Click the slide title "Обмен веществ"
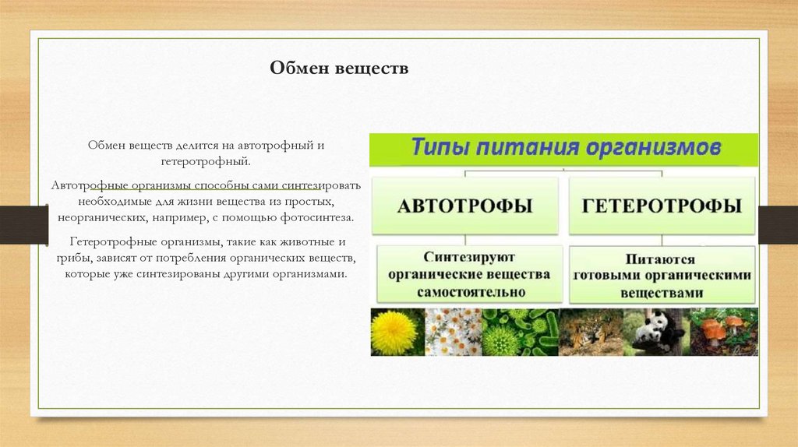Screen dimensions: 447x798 pos(339,69)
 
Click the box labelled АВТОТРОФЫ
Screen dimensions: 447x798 pos(465,206)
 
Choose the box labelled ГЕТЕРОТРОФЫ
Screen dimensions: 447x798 pos(662,206)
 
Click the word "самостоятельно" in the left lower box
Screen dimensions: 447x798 pos(470,292)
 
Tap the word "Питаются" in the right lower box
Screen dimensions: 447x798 pos(662,259)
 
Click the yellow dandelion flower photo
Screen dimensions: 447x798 pos(394,333)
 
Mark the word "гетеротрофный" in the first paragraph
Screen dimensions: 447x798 pos(205,160)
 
